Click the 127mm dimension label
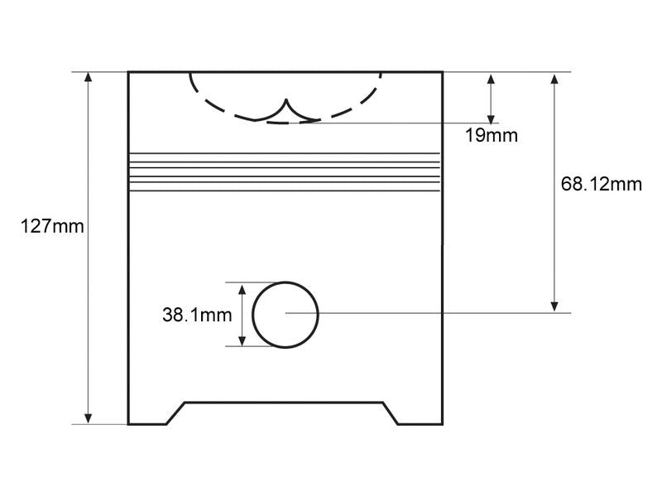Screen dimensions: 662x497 [x=52, y=226]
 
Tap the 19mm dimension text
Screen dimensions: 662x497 [x=491, y=135]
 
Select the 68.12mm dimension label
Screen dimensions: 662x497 [x=602, y=184]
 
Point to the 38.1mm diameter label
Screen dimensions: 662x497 [x=197, y=315]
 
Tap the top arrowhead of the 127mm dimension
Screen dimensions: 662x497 [x=88, y=77]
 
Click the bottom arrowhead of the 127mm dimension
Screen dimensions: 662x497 [x=88, y=419]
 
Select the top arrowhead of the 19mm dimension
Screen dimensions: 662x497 [x=491, y=80]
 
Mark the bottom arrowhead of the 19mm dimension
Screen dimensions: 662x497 [x=491, y=118]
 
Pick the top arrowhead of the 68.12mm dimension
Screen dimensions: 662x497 [x=554, y=80]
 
